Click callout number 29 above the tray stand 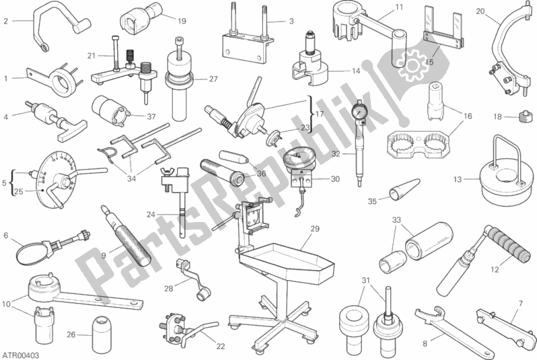[x=313, y=229]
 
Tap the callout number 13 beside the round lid [x=457, y=180]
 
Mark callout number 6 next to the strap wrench [x=5, y=236]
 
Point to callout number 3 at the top [x=291, y=22]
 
